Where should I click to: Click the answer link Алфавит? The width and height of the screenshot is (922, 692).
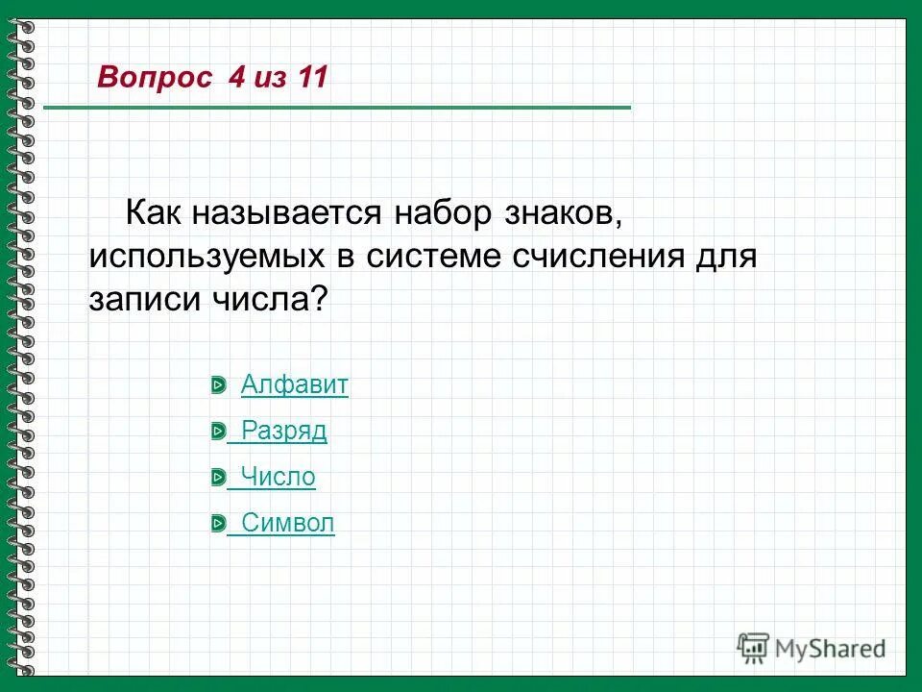pyautogui.click(x=294, y=385)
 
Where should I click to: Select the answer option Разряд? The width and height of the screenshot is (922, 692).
pyautogui.click(x=283, y=432)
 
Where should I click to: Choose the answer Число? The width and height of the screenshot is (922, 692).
pyautogui.click(x=278, y=477)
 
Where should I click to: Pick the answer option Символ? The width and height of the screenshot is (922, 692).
pyautogui.click(x=287, y=523)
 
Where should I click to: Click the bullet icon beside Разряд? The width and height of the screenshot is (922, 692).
pyautogui.click(x=218, y=432)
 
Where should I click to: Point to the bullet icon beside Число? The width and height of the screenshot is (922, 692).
pyautogui.click(x=218, y=478)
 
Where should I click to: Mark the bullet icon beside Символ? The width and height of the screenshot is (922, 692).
pyautogui.click(x=218, y=523)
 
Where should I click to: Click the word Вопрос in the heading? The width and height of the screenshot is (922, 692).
pyautogui.click(x=155, y=78)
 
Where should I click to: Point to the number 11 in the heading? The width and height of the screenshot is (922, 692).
pyautogui.click(x=312, y=78)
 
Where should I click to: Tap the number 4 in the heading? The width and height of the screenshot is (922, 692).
pyautogui.click(x=236, y=78)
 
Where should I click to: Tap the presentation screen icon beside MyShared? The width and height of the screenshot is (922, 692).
pyautogui.click(x=753, y=649)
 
